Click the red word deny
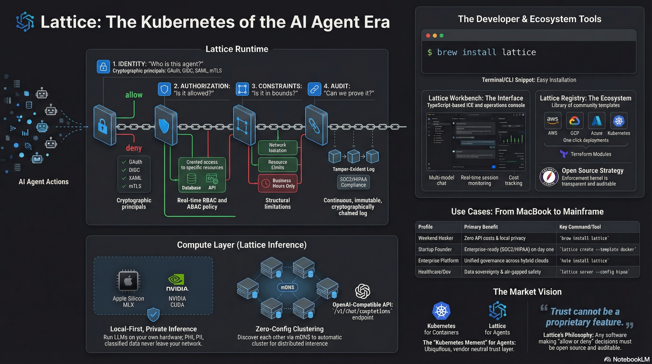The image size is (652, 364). (x=134, y=148)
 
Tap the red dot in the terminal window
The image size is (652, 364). (x=428, y=36)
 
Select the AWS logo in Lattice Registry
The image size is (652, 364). (x=552, y=120)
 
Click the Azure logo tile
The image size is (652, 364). (x=596, y=120)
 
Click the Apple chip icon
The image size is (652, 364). (x=128, y=281)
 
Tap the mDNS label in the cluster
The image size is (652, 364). (x=288, y=287)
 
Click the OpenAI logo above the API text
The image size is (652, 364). (x=362, y=291)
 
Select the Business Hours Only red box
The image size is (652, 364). (x=278, y=183)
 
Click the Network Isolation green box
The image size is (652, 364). (x=278, y=148)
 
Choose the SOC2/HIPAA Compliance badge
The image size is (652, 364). (x=353, y=182)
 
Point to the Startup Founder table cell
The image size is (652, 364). (x=435, y=249)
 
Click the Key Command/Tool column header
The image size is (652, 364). (x=580, y=227)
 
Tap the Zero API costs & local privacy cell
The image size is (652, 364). (x=495, y=238)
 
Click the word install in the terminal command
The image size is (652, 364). (x=479, y=52)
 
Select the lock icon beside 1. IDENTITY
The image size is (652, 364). (x=103, y=67)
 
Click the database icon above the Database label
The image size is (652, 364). (x=191, y=178)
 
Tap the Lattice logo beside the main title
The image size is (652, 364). (x=25, y=22)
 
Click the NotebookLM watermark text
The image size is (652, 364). (x=631, y=359)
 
